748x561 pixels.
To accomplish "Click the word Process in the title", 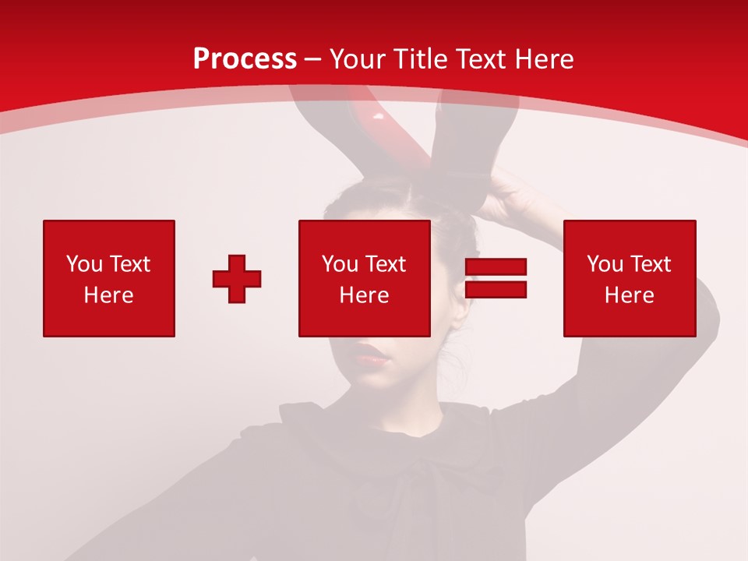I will [x=245, y=59].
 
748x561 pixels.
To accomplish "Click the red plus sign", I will [x=237, y=279].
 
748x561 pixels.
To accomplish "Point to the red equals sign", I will [x=496, y=279].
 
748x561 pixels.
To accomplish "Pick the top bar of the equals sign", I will [x=496, y=267].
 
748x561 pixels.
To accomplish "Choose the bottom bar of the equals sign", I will [x=496, y=290].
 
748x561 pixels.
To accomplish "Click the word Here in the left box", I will [x=109, y=295].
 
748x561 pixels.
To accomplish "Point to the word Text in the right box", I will [x=651, y=264].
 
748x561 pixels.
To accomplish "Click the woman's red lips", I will [x=372, y=356].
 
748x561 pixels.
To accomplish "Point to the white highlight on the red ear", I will [x=379, y=117].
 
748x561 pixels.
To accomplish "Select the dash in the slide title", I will [x=313, y=59].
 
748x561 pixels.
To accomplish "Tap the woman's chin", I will [x=377, y=383].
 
